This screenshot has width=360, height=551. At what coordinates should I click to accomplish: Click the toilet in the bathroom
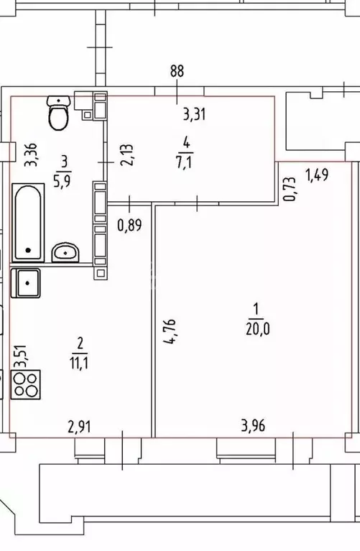58,113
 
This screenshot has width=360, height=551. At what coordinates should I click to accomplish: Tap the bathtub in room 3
28,223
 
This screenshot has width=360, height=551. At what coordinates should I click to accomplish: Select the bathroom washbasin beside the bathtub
65,252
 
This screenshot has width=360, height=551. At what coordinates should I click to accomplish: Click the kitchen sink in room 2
26,283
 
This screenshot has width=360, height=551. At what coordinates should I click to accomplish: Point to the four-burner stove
26,384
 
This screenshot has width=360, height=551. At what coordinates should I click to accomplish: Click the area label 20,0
258,329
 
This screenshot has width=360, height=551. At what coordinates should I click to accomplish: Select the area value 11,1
79,363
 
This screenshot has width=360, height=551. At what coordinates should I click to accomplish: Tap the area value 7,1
185,162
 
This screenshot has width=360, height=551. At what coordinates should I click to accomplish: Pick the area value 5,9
63,182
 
